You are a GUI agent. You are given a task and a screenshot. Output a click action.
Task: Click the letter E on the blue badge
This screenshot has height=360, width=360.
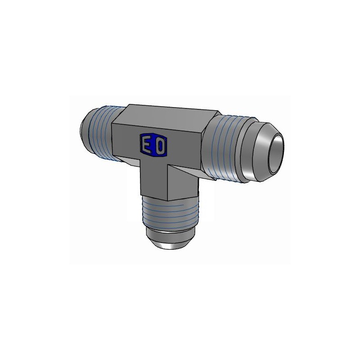coord(146,145)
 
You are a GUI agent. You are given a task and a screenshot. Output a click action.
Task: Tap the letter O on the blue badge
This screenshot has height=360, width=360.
coord(161,146)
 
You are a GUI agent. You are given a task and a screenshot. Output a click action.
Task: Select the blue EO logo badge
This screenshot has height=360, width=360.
coord(153,146)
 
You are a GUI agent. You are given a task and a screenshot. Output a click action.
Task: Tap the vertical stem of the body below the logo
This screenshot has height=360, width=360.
coord(155,180)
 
